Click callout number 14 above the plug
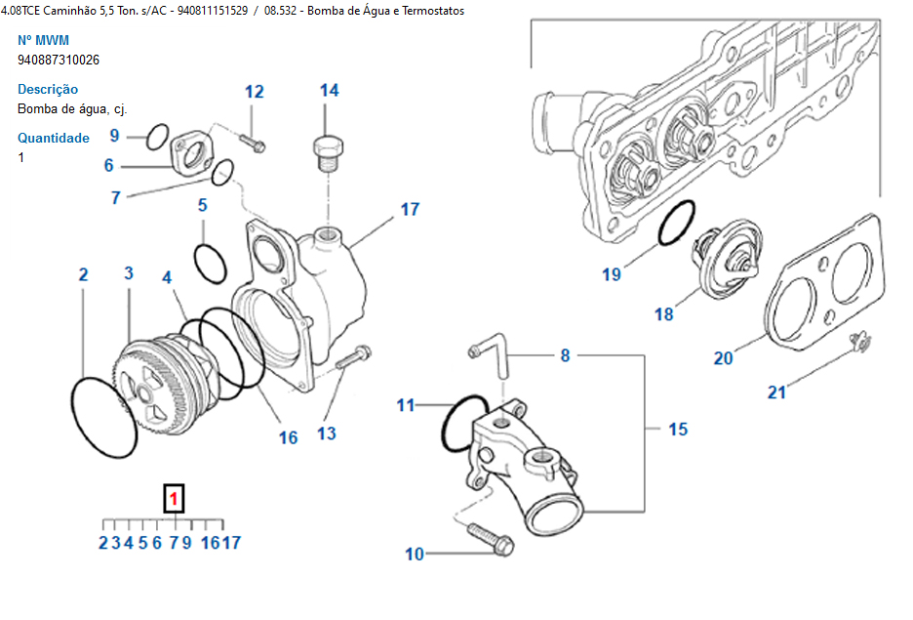329,91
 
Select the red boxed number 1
174,500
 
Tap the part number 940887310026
59,60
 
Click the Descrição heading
48,89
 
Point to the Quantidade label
54,138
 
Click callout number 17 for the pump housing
410,209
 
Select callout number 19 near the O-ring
611,274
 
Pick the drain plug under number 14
328,153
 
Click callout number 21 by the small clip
776,393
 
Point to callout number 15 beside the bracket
677,429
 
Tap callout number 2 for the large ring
83,274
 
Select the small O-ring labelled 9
156,138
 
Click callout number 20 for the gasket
723,358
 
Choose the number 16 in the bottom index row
210,543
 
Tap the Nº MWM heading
44,40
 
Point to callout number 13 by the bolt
326,433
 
